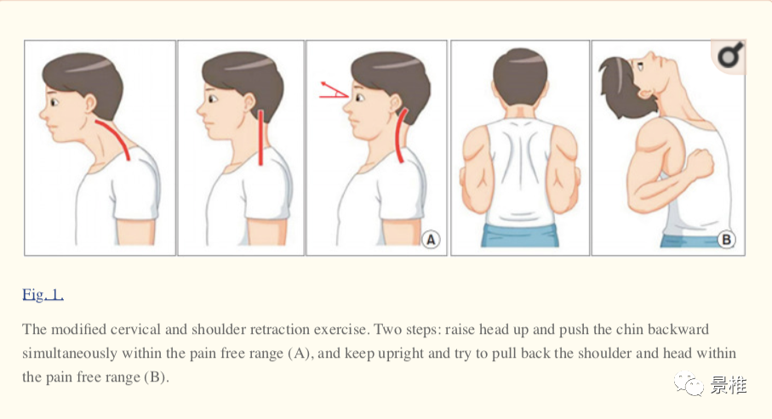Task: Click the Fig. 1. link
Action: point(43,295)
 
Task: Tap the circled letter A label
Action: point(431,240)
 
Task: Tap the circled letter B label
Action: point(726,240)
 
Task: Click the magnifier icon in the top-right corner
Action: point(730,55)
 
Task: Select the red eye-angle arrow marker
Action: point(335,90)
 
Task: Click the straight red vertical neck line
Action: point(260,137)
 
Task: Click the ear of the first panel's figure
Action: point(91,104)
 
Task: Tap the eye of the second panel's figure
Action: point(213,99)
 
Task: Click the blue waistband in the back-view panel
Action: point(520,235)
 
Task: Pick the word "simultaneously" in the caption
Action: point(70,353)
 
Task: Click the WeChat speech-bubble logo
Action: point(689,383)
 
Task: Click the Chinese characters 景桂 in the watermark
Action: point(729,385)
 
